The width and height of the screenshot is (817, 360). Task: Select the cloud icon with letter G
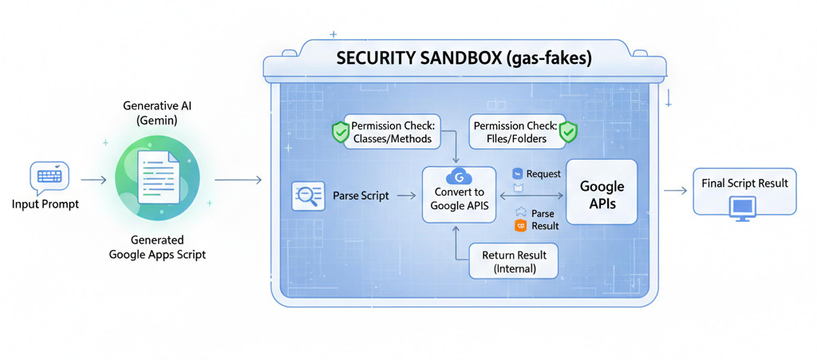click(457, 176)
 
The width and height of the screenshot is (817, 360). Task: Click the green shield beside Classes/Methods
click(341, 132)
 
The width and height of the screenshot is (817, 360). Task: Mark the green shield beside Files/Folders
click(567, 132)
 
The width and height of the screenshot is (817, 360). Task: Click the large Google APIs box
click(602, 193)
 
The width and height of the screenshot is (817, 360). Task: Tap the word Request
click(543, 173)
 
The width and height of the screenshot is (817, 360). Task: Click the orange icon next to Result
click(520, 226)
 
